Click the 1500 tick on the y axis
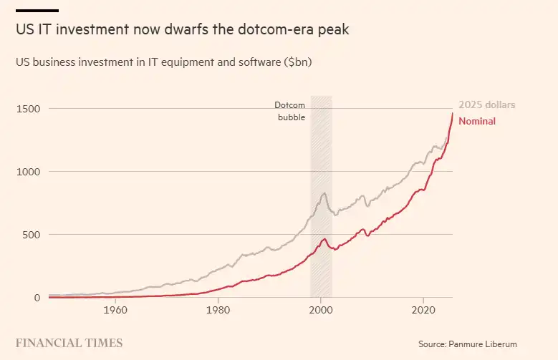click(x=28, y=109)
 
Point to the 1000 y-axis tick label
click(x=28, y=172)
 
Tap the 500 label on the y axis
click(x=32, y=235)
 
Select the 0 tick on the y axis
click(x=37, y=298)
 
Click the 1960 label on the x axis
click(x=115, y=310)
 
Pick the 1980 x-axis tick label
click(x=218, y=310)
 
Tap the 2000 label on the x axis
click(x=321, y=310)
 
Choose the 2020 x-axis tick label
click(x=423, y=310)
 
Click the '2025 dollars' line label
click(x=487, y=105)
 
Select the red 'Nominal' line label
click(x=477, y=121)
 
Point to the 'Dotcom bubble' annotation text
click(x=290, y=111)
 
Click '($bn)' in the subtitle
click(x=298, y=62)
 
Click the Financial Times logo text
click(x=69, y=343)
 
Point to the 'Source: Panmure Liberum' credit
click(x=468, y=344)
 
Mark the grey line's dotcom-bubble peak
click(x=324, y=193)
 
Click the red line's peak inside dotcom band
click(x=324, y=239)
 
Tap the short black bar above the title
click(x=37, y=11)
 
